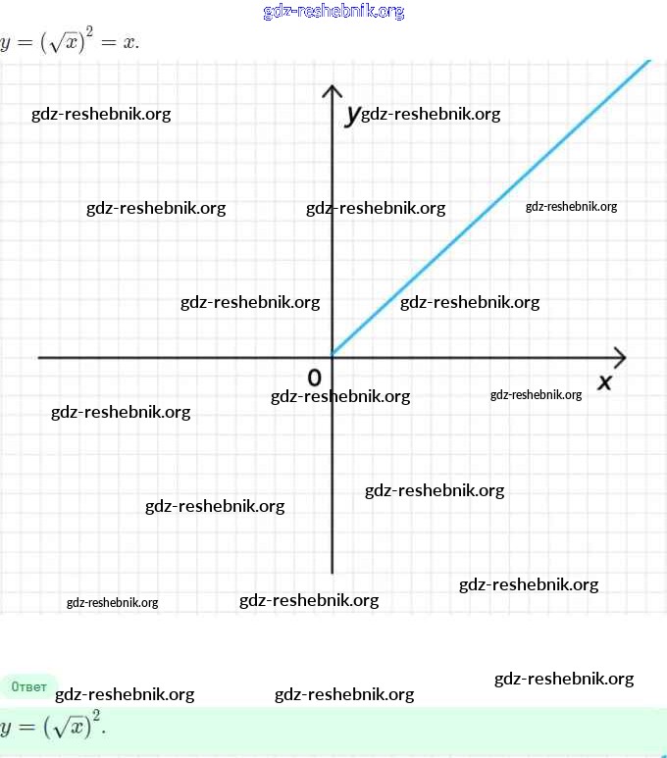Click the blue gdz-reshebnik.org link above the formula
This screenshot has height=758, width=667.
[333, 12]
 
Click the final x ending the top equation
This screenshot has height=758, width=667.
[129, 45]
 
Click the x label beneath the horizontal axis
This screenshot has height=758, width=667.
[604, 381]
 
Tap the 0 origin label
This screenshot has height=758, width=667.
[315, 378]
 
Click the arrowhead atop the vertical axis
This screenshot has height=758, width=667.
[333, 92]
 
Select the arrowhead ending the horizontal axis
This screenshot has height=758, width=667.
[618, 357]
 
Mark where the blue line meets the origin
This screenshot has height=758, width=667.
[333, 355]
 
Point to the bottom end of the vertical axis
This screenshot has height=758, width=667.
[333, 572]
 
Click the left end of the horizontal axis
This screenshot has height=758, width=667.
[41, 357]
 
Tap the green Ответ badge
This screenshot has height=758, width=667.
[28, 687]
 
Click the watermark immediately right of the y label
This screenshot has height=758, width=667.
[431, 114]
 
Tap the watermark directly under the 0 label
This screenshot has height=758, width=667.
[340, 396]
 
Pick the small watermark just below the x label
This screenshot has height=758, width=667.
[536, 395]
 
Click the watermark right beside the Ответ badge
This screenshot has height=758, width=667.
[125, 695]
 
